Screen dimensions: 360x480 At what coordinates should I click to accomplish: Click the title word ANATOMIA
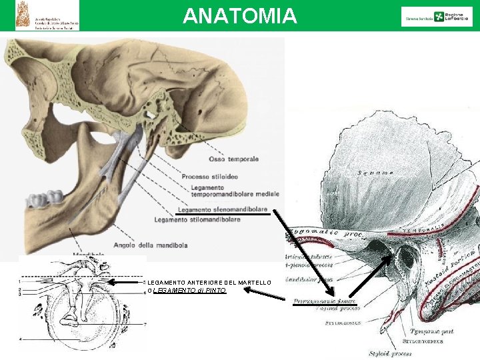click(x=240, y=15)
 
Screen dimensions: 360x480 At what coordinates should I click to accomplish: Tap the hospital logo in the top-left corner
click(x=47, y=15)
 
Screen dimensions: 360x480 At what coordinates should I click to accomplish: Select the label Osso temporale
click(x=233, y=159)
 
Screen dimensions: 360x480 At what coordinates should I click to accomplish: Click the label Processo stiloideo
click(x=209, y=177)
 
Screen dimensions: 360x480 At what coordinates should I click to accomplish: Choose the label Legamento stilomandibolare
click(x=197, y=219)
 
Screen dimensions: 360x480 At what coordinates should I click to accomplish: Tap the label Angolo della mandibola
click(x=151, y=245)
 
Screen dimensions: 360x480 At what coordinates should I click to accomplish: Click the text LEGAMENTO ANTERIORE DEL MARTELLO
click(x=209, y=283)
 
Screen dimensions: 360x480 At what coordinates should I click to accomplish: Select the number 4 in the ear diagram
click(x=20, y=339)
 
